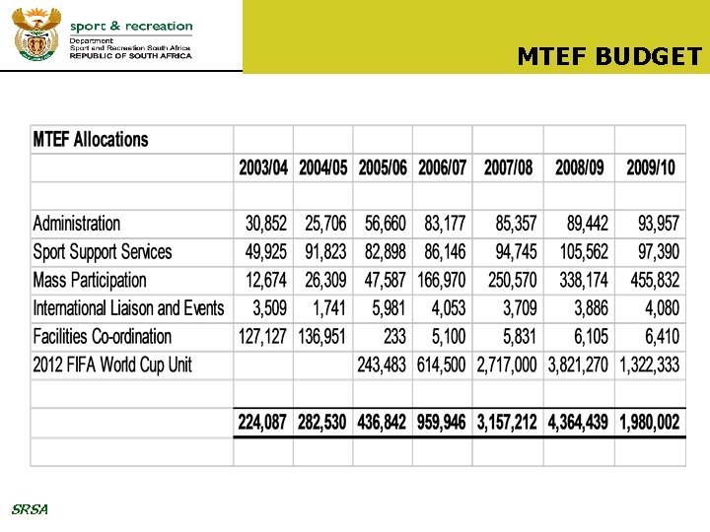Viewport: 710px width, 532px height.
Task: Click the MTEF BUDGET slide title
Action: tap(609, 56)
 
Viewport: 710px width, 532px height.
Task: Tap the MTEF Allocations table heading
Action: tap(91, 140)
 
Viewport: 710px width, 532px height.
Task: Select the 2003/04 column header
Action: tap(263, 167)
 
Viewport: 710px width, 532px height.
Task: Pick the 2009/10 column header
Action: tap(651, 167)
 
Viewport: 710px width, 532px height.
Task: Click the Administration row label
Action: tap(77, 224)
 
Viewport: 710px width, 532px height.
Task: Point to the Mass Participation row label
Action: tap(90, 281)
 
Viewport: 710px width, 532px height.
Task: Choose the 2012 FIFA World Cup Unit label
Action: tap(112, 366)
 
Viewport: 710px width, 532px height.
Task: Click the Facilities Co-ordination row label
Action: tap(103, 337)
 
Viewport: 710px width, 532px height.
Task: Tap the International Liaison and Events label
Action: tap(129, 308)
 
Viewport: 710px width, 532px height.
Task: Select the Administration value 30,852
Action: tap(266, 224)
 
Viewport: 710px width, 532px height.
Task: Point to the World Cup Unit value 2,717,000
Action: tap(507, 366)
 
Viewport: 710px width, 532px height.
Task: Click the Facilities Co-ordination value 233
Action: tap(394, 337)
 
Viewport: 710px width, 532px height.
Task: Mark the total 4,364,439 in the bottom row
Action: tap(578, 423)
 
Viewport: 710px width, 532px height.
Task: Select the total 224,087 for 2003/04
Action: tap(262, 423)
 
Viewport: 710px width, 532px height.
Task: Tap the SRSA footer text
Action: tap(29, 509)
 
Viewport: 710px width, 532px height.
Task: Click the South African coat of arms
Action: tap(36, 33)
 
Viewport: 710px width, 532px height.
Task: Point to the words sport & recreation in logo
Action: tap(131, 26)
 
